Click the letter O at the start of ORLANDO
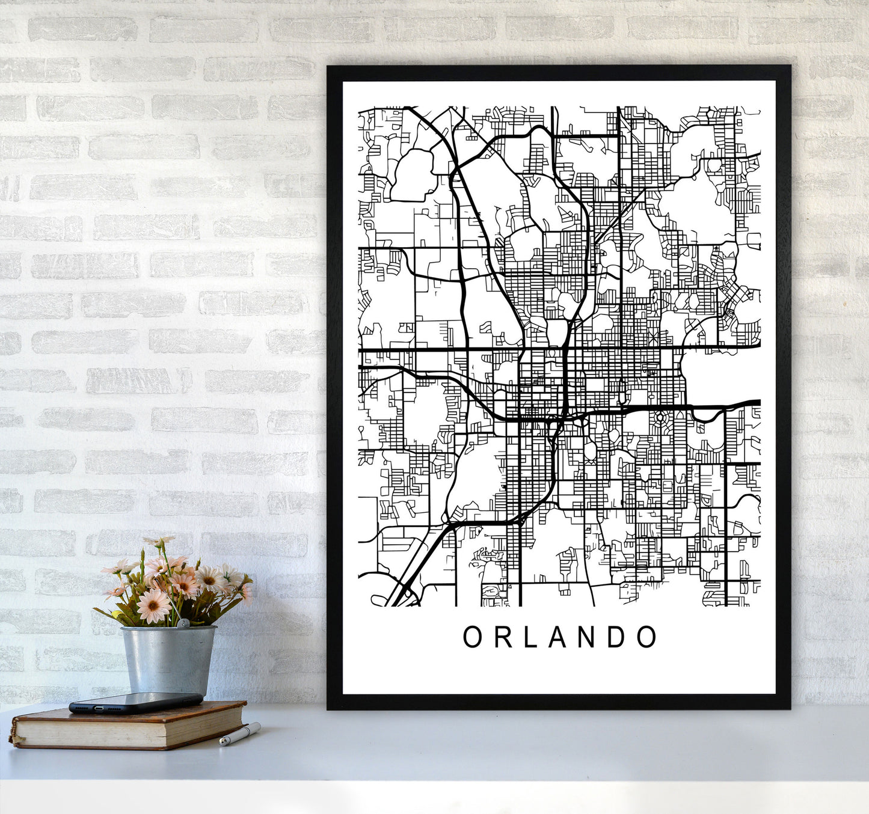(x=472, y=637)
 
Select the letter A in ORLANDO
(x=558, y=637)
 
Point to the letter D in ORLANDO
(x=616, y=637)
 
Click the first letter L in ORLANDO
(x=530, y=637)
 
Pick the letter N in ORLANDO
(x=587, y=637)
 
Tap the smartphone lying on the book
(x=136, y=702)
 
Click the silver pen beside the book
(x=240, y=734)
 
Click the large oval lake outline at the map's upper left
(x=412, y=174)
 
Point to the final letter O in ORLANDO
(x=646, y=637)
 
